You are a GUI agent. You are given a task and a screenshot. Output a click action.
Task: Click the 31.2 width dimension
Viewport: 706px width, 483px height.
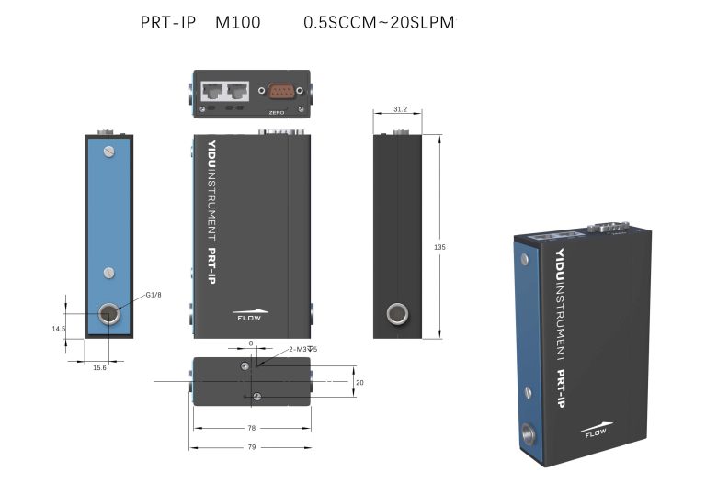click(x=400, y=108)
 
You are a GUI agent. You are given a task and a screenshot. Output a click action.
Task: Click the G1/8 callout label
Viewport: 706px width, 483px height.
click(x=153, y=295)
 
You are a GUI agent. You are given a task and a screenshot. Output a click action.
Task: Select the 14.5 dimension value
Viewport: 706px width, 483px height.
click(x=58, y=328)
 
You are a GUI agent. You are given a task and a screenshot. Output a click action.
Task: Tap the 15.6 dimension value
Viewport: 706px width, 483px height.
click(x=99, y=367)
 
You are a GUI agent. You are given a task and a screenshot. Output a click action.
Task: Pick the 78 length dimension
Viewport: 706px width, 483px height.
click(x=251, y=428)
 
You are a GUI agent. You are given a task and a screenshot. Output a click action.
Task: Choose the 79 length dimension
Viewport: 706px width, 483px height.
click(x=251, y=447)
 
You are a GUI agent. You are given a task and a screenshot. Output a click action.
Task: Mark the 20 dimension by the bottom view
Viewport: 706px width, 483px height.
click(x=360, y=382)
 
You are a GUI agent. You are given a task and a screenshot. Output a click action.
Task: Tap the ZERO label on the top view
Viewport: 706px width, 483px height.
click(x=277, y=112)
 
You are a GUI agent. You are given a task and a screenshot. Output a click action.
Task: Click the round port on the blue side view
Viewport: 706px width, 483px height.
click(x=109, y=315)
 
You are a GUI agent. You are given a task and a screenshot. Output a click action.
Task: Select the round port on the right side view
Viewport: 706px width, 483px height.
click(x=397, y=315)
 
